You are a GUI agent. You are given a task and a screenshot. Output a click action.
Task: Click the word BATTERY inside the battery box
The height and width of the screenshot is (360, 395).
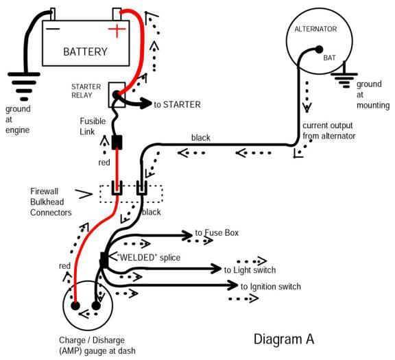click(86, 51)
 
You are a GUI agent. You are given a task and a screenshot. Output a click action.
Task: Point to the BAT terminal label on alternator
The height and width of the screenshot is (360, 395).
click(332, 59)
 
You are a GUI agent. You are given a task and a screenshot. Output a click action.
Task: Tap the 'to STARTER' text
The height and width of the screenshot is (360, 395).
click(177, 105)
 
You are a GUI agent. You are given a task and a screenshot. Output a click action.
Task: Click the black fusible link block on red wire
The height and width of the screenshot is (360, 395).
click(117, 143)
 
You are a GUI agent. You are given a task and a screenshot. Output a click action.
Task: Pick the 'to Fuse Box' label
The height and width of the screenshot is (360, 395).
click(217, 234)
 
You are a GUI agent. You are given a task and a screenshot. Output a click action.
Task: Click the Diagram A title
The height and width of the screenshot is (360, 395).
click(284, 339)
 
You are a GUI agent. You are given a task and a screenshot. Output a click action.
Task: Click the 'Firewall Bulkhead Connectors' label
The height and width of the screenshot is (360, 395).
click(51, 202)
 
